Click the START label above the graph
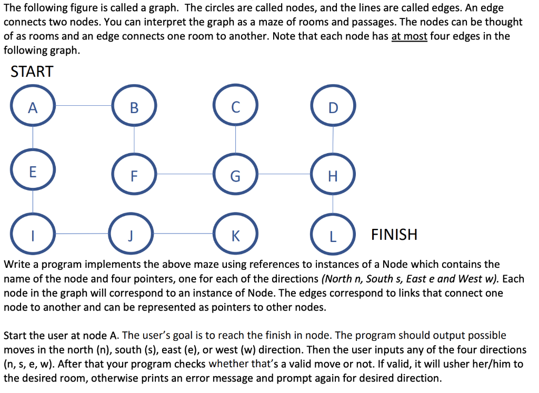click(x=32, y=72)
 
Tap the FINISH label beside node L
click(x=394, y=234)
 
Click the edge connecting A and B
click(x=83, y=106)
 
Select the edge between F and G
click(x=184, y=174)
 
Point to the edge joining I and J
click(x=82, y=233)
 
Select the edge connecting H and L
click(x=333, y=204)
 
